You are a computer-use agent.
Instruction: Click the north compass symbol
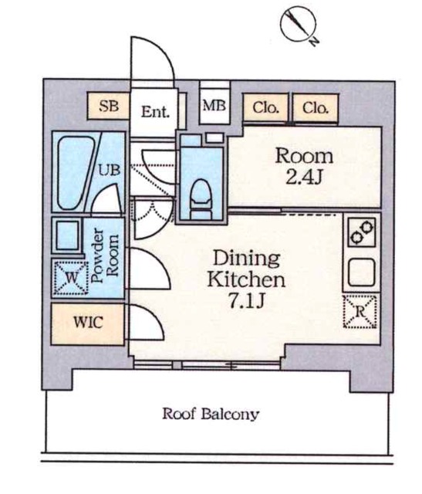pos(298,25)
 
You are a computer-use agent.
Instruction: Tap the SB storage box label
pos(109,106)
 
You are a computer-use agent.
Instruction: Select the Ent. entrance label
pos(155,111)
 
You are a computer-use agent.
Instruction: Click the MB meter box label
pos(214,106)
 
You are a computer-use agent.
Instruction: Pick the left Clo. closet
pos(265,107)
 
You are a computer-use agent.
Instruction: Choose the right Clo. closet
pos(316,107)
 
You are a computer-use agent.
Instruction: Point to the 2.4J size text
pos(304,178)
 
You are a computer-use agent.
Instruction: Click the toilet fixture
pos(201,199)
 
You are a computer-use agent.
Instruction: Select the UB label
pos(110,170)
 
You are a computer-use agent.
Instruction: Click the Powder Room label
pos(105,255)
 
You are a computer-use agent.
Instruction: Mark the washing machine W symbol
pos(71,278)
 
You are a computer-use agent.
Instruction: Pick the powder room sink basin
pos(67,235)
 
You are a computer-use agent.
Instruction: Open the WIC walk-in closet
pos(88,323)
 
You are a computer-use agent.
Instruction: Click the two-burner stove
pos(362,232)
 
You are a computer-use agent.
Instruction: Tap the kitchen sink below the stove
pos(362,272)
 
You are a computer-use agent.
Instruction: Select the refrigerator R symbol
pos(360,311)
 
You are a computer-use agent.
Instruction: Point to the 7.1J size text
pos(246,302)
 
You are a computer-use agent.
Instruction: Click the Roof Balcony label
pos(211,414)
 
